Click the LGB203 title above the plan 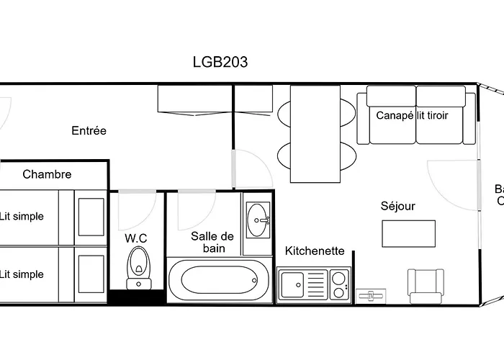click(220, 62)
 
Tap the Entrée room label click(89, 131)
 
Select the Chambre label click(47, 174)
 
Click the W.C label click(136, 238)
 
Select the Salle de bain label click(212, 242)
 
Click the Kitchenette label click(315, 251)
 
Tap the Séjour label click(397, 207)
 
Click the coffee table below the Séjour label click(408, 233)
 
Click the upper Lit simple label click(22, 216)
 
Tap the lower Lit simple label click(22, 274)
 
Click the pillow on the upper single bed click(91, 215)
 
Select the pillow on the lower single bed click(91, 274)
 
